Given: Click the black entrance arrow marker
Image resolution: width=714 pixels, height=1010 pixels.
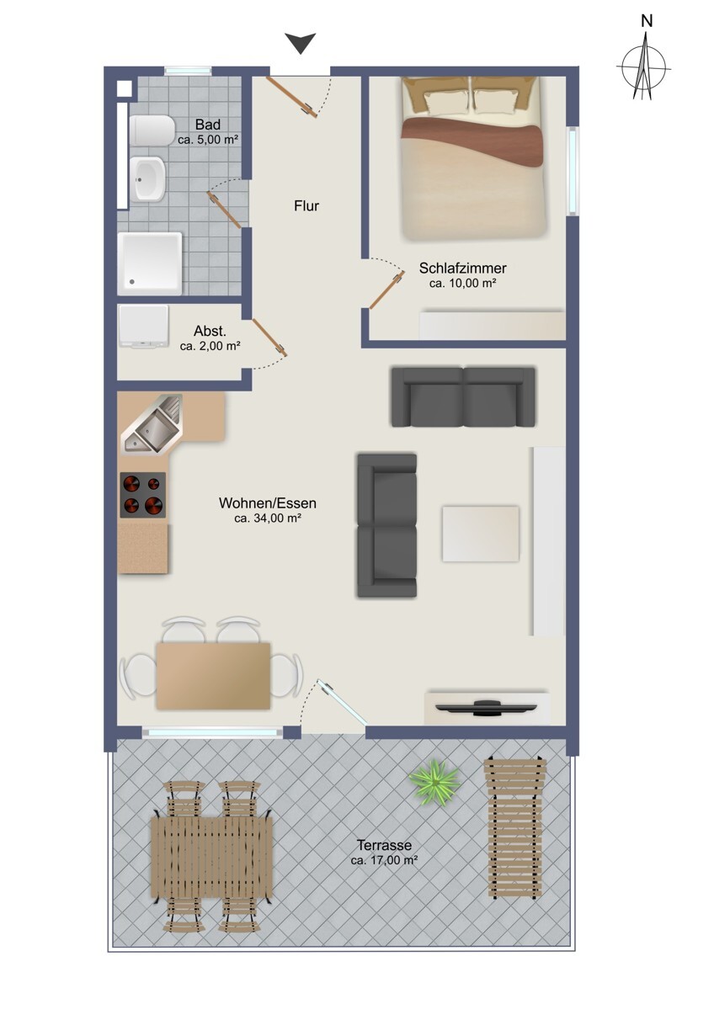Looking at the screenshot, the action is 300,43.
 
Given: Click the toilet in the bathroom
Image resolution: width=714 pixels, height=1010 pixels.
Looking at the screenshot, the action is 152,130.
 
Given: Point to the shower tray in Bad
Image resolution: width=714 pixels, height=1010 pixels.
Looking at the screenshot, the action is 150,263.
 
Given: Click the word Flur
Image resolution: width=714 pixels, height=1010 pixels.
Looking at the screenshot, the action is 306,206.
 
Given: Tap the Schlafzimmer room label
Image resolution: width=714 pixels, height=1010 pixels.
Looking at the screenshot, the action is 463,268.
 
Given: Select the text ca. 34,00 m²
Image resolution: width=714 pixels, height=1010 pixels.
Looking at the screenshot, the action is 268,518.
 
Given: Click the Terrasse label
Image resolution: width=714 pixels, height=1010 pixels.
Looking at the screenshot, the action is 384,844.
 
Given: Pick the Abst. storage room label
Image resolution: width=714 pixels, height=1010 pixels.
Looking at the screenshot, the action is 210,332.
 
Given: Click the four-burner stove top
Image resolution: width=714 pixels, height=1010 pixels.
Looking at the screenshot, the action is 142,495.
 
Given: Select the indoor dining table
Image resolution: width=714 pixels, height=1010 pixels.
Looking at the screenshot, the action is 213,676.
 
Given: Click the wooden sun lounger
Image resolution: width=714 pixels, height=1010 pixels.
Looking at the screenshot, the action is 514,827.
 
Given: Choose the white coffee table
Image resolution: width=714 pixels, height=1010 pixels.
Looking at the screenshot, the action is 481,534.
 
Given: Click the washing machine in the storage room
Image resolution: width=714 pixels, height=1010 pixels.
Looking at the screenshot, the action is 143,327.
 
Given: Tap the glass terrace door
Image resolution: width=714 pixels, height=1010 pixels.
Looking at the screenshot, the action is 342,702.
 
